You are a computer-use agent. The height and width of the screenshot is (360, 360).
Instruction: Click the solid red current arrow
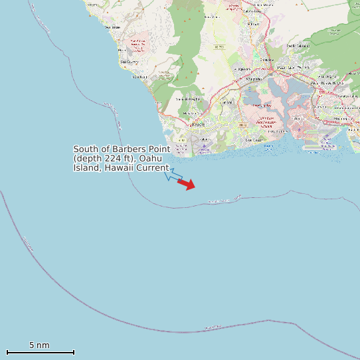187,184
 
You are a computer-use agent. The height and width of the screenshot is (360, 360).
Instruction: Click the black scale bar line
40,352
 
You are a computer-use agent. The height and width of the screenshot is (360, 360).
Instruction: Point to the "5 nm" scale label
39,345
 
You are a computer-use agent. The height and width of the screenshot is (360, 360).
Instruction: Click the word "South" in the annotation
85,149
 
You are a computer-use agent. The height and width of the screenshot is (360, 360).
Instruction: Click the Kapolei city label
198,124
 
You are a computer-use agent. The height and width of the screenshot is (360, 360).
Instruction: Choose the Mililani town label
252,24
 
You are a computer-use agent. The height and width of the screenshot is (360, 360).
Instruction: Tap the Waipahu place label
254,79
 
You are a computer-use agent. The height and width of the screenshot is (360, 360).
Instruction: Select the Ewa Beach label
254,140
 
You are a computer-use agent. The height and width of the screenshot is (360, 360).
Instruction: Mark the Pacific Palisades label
298,45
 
